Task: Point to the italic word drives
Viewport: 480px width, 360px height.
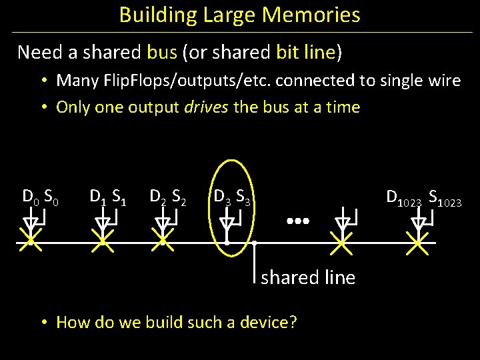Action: [x=207, y=107]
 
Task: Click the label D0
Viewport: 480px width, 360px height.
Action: [x=31, y=196]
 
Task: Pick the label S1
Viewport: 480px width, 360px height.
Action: [x=120, y=196]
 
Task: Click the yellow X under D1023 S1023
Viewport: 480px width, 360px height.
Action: [x=418, y=243]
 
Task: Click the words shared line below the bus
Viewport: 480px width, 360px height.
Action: [x=308, y=277]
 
